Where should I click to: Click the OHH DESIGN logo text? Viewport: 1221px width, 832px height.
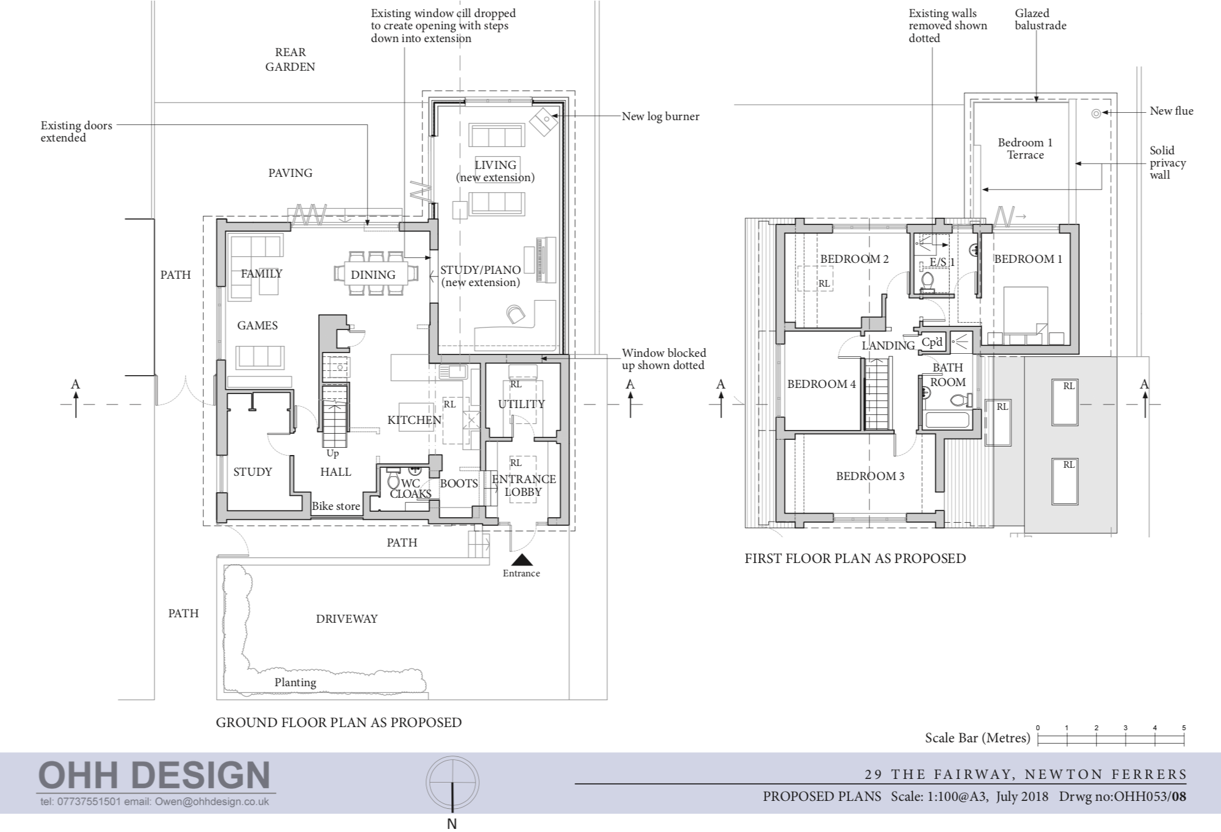tap(154, 776)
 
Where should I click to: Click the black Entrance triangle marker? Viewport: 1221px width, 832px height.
tap(521, 560)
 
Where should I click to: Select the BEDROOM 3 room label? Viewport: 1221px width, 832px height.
tap(870, 476)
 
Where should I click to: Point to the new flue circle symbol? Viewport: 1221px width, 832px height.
tap(1096, 113)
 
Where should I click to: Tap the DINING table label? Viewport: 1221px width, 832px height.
tap(372, 274)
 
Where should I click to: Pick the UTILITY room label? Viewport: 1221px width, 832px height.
tap(521, 404)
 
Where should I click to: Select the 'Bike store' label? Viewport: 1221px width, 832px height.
tap(336, 506)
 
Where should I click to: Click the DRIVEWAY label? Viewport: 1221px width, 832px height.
tap(347, 619)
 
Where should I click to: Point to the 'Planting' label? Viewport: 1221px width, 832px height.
tap(295, 683)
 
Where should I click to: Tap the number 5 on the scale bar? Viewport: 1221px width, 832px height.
tap(1184, 728)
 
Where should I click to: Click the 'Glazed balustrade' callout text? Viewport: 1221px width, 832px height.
tap(1040, 19)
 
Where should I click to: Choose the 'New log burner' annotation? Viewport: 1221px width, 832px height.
tap(661, 116)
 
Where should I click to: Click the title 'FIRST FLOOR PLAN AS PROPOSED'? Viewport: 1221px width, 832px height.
tap(855, 558)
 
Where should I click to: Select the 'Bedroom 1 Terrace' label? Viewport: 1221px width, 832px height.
tap(1025, 148)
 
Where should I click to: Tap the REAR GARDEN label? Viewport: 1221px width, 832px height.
tap(290, 59)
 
